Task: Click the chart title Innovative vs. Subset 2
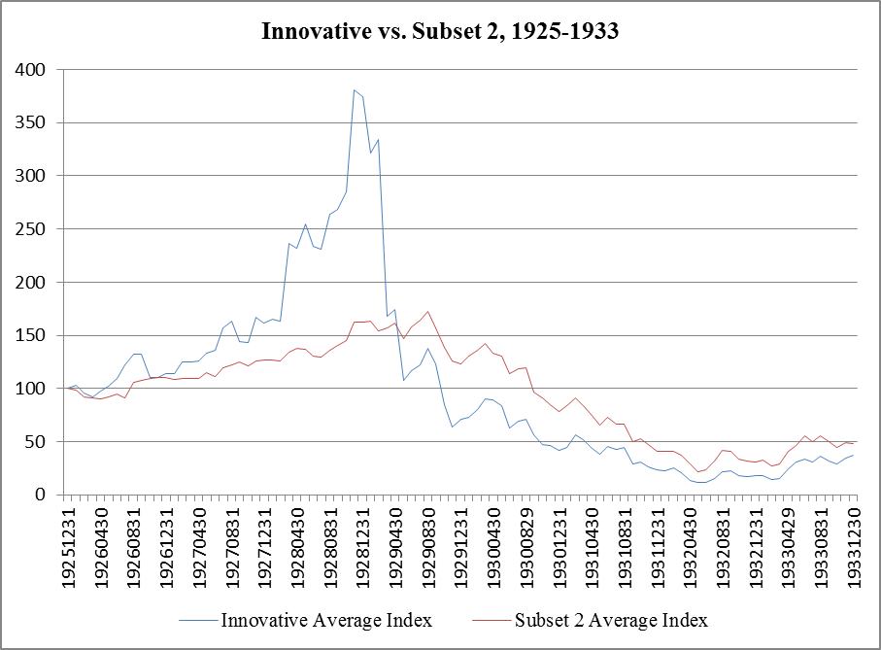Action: [440, 31]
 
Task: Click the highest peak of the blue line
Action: [355, 89]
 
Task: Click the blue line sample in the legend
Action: [197, 620]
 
